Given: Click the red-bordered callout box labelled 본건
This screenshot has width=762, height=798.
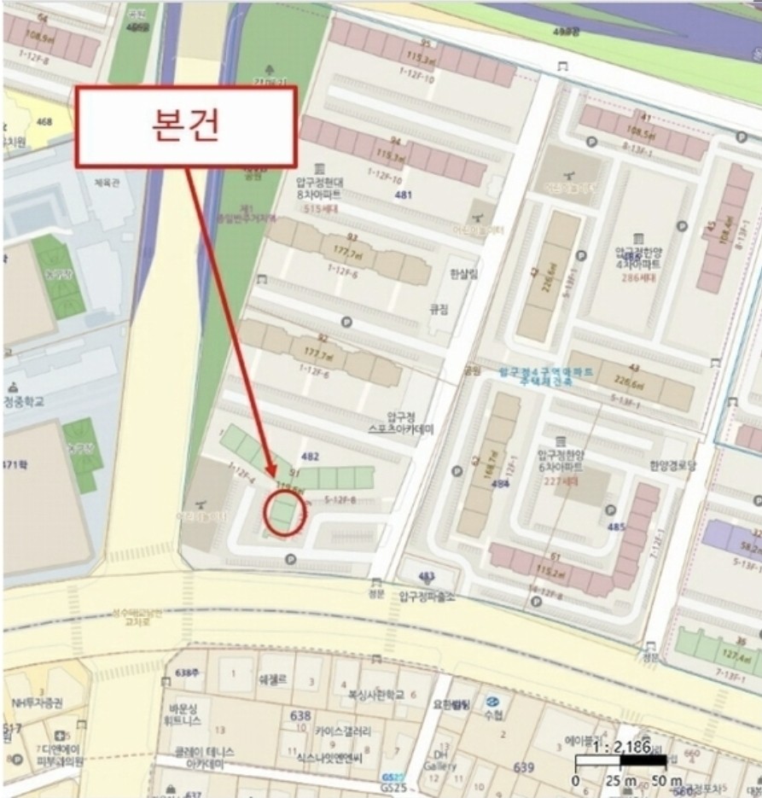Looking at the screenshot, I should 186,125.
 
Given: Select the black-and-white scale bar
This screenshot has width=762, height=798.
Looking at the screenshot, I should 620,760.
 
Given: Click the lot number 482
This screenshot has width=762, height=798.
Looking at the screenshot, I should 310,457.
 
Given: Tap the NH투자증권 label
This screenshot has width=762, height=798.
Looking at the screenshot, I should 37,702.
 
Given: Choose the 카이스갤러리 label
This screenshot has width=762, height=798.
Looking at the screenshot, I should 342,731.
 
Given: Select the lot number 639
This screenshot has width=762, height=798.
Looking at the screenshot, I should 523,767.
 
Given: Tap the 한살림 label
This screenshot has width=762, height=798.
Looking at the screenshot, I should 440,273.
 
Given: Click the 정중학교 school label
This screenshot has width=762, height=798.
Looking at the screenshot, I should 24,400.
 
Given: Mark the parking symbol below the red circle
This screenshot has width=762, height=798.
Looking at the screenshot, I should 289,560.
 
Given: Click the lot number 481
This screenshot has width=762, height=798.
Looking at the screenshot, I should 403,195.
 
